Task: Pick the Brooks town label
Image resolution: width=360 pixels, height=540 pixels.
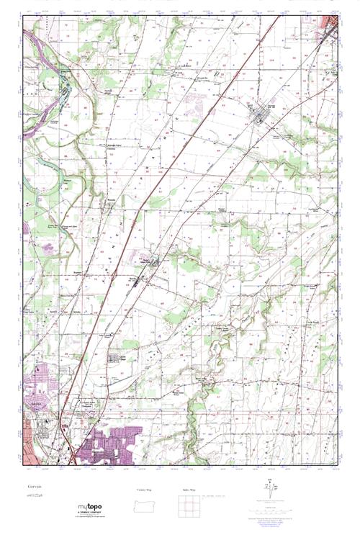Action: (x=132, y=276)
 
